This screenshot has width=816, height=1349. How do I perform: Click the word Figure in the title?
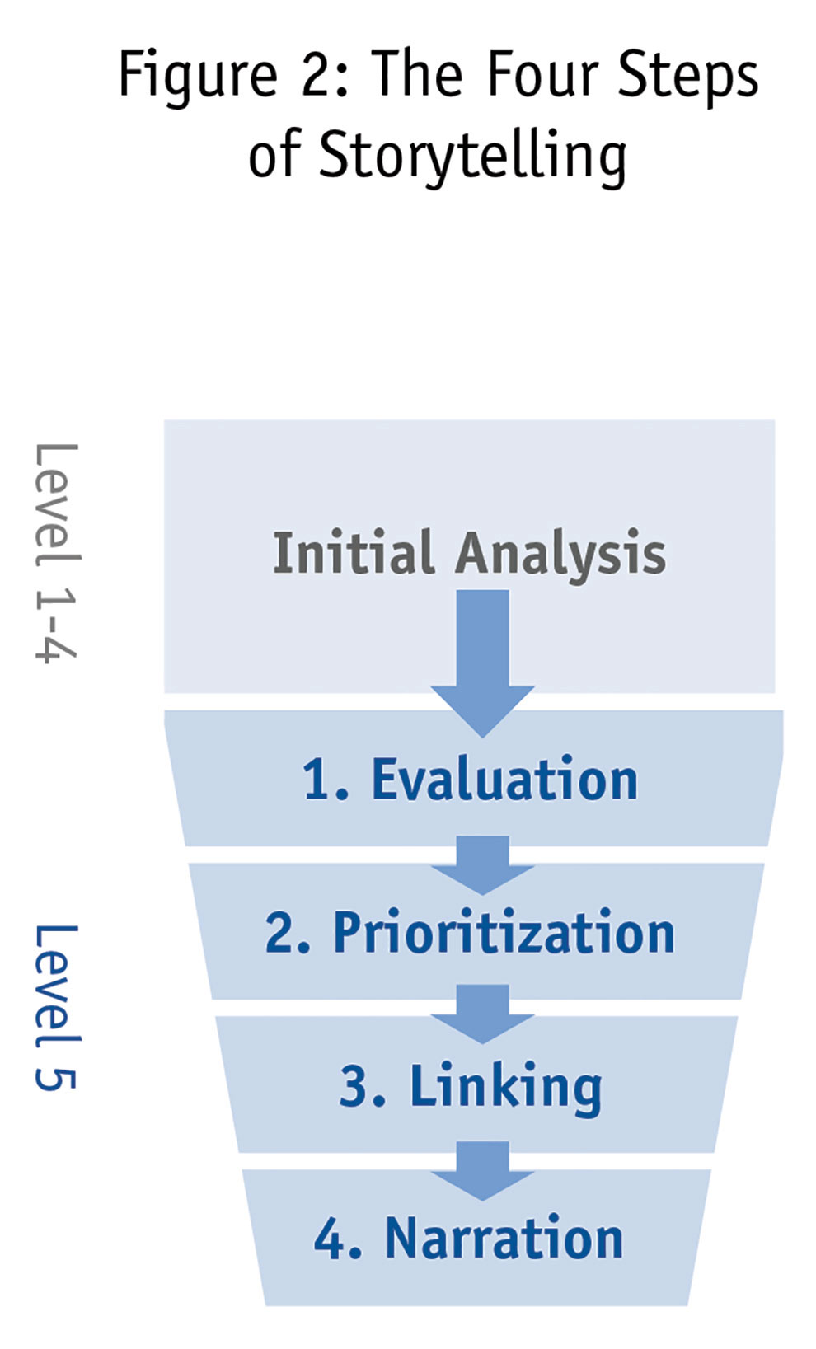pos(197,77)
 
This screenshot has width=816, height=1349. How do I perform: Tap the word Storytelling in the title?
pos(472,156)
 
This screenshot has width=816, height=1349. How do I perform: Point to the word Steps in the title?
pos(687,77)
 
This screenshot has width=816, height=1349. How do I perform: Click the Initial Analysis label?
pos(469,553)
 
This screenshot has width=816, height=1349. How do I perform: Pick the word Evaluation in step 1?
pos(504,780)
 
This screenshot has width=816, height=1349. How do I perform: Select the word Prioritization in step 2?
pos(504,934)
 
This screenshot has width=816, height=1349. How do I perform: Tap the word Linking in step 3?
pos(506,1087)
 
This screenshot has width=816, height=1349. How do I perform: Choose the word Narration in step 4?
pos(504,1239)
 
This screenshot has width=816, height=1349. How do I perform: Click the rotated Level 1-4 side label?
pos(56,552)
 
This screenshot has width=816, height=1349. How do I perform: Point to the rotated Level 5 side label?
pos(56,1007)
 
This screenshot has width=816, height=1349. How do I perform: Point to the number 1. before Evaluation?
pos(325,780)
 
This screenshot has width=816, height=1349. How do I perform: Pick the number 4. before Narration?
pos(337,1239)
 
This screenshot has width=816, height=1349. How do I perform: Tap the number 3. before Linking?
pos(362,1087)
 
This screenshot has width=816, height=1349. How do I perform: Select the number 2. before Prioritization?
pos(288,934)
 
